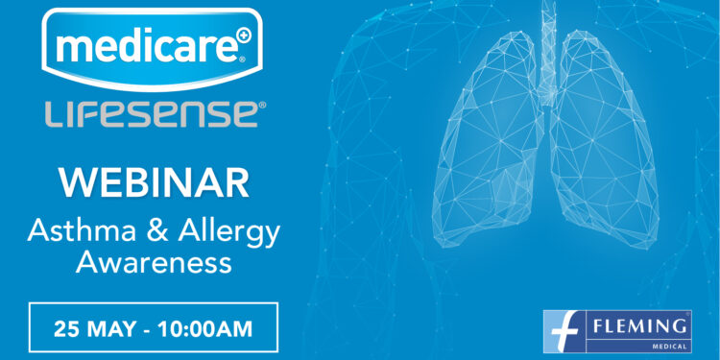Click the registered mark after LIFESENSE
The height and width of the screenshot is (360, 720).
260,107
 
